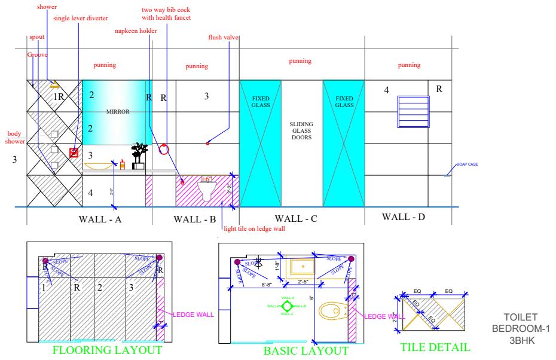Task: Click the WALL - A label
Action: pyautogui.click(x=100, y=219)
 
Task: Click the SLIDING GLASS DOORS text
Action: pyautogui.click(x=301, y=132)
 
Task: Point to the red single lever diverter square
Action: pyautogui.click(x=74, y=152)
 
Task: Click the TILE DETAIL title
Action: pyautogui.click(x=435, y=347)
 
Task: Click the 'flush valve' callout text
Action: pyautogui.click(x=222, y=37)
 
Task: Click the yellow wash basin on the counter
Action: pyautogui.click(x=103, y=164)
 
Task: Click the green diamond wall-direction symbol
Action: pyautogui.click(x=287, y=306)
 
